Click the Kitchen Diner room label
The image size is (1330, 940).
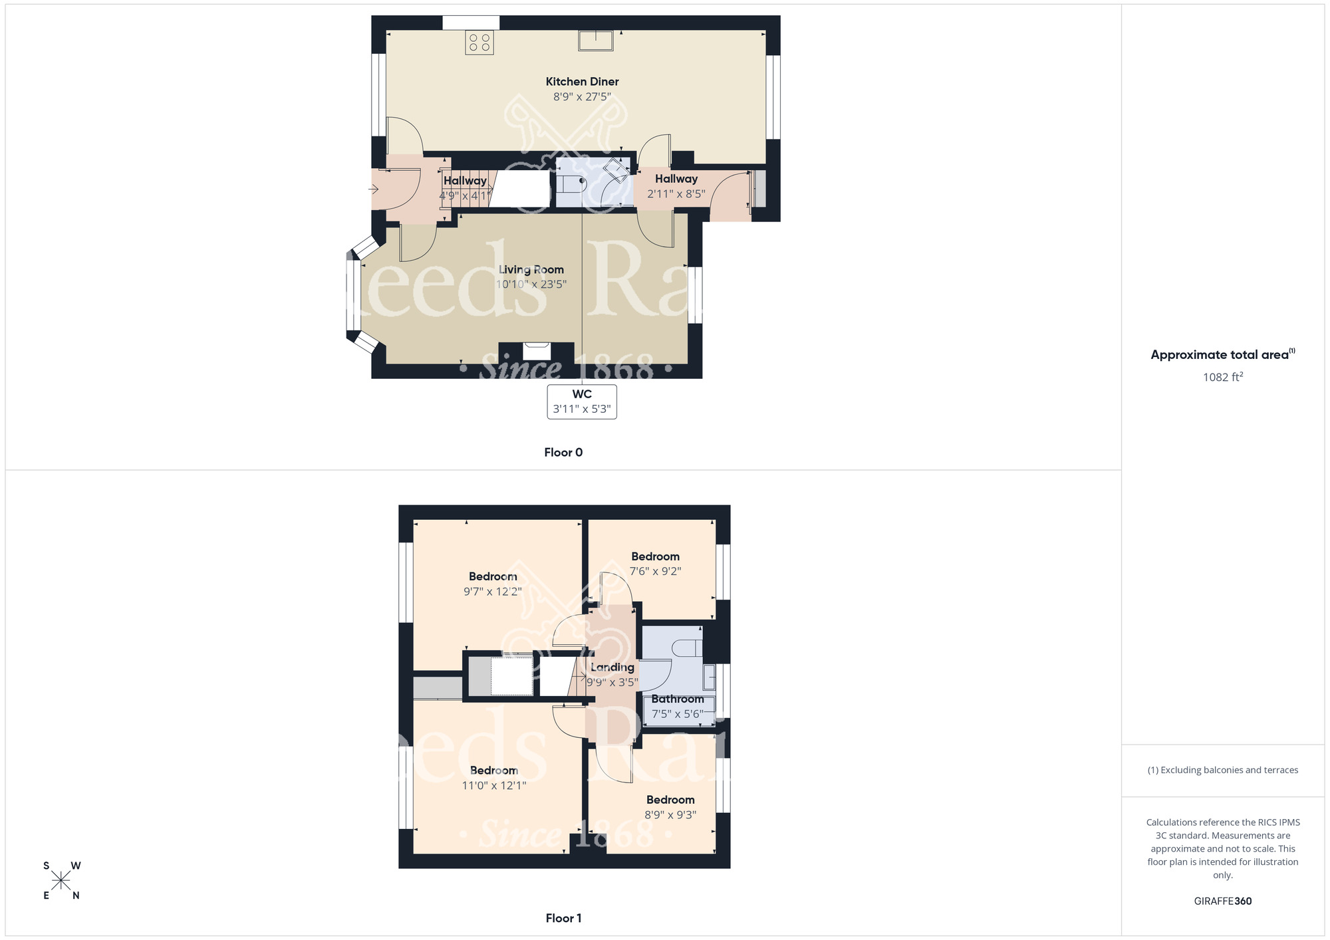[x=582, y=82]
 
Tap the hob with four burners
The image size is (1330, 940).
[x=479, y=43]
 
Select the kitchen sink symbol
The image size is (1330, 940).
[x=595, y=41]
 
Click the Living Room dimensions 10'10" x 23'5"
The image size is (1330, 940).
[x=531, y=285]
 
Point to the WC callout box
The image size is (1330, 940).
[x=582, y=402]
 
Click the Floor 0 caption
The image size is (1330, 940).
[x=563, y=453]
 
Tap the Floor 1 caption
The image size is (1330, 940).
[x=563, y=918]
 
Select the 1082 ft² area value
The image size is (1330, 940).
[x=1222, y=378]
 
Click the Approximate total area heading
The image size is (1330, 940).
[x=1222, y=355]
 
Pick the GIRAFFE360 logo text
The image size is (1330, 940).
[x=1222, y=901]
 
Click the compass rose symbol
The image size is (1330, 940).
[x=61, y=881]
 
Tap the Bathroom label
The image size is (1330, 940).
[x=677, y=699]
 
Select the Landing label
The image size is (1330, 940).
[x=612, y=667]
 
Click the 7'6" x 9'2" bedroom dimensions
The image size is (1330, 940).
[x=655, y=571]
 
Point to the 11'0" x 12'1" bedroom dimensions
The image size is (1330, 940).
[x=493, y=786]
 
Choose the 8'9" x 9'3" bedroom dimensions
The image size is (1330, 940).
[x=670, y=815]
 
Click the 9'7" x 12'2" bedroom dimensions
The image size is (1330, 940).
[x=492, y=592]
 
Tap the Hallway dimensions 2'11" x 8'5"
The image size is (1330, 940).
[x=676, y=194]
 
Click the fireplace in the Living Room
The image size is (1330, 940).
[x=536, y=351]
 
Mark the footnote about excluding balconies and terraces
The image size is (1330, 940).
[x=1222, y=770]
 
